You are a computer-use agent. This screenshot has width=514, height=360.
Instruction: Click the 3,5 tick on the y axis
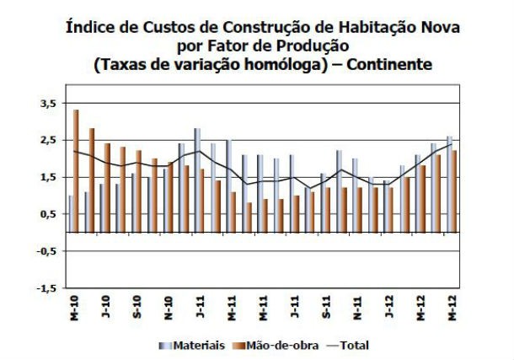[x=48, y=103]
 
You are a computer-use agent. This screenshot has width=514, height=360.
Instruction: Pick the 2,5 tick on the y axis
[x=48, y=140]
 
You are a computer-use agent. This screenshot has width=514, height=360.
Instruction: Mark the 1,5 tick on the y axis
[x=48, y=177]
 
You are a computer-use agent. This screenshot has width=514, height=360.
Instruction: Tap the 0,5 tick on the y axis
[x=48, y=214]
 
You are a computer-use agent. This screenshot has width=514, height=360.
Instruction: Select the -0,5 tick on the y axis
[x=46, y=251]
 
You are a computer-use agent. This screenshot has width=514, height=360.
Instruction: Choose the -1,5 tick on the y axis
[x=46, y=288]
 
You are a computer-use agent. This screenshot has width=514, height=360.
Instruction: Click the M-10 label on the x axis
[x=74, y=308]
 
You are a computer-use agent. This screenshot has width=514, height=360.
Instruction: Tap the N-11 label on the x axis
[x=356, y=308]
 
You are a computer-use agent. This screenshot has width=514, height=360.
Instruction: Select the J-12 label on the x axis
[x=388, y=308]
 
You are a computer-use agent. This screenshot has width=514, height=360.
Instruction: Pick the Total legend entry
[x=351, y=345]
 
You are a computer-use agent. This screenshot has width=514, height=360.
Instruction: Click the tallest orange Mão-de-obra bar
[x=77, y=169]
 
